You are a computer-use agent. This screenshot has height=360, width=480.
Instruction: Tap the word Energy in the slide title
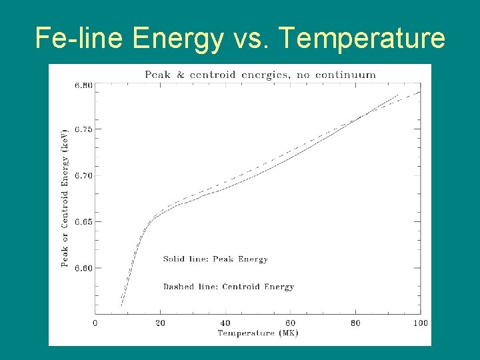click(x=178, y=39)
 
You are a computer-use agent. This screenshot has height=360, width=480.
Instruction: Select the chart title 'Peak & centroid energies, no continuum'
click(x=260, y=75)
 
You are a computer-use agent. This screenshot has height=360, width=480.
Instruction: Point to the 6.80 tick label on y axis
click(x=84, y=86)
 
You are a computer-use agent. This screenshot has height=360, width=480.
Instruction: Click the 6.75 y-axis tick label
click(x=84, y=129)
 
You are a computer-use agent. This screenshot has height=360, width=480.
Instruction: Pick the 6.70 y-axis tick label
click(x=84, y=176)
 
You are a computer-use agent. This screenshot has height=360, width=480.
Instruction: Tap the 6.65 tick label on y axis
click(x=84, y=221)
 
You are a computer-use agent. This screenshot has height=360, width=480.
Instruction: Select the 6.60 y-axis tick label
click(x=84, y=268)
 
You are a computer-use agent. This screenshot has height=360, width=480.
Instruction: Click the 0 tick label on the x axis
click(x=95, y=323)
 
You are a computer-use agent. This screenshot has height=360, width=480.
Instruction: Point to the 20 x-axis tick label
click(x=160, y=323)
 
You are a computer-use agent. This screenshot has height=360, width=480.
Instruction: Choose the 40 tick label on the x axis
click(x=225, y=323)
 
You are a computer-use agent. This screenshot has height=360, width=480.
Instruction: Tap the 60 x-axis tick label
click(x=291, y=323)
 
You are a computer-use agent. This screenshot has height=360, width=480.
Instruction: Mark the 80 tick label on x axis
click(x=355, y=323)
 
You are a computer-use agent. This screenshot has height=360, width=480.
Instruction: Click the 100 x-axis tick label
click(x=420, y=323)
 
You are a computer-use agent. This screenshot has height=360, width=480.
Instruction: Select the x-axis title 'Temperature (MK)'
click(x=257, y=333)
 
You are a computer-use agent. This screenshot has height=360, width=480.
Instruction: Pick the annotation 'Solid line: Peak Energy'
click(x=215, y=259)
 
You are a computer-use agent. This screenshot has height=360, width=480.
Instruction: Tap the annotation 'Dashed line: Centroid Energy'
click(x=229, y=287)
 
